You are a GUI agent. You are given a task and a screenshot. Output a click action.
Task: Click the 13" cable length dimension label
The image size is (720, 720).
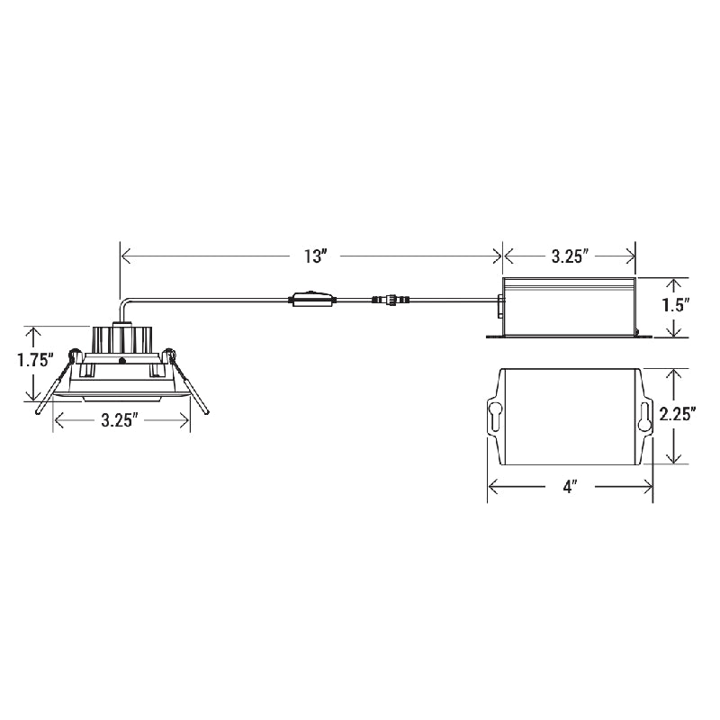coord(314,256)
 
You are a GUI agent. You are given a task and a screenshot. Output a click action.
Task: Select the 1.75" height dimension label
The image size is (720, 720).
coord(35,359)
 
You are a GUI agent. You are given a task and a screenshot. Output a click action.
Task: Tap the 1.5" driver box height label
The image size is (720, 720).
coord(676,305)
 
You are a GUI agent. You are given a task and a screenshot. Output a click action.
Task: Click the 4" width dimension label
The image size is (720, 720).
coord(570,487)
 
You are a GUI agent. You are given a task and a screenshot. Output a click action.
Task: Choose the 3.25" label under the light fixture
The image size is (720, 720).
coord(120,419)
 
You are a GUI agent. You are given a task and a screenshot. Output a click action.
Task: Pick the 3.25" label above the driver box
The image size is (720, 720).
coord(570,256)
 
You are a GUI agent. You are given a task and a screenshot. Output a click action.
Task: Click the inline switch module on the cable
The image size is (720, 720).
coord(311,300)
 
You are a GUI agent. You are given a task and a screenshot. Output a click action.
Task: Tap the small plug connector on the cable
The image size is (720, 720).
coord(391,300)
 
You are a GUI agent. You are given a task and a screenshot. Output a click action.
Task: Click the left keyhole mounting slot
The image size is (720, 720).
coord(494,417)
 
